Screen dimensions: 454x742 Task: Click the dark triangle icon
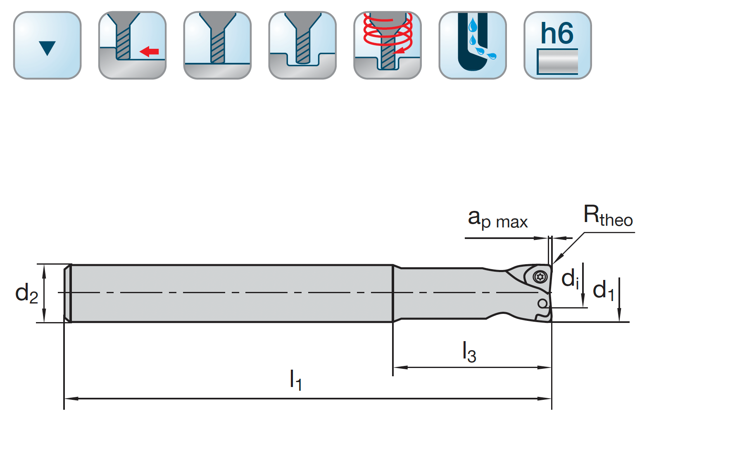tap(47, 48)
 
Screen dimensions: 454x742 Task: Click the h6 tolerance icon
tap(557, 45)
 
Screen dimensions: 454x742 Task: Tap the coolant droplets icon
tap(473, 45)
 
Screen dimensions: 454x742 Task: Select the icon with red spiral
tap(388, 45)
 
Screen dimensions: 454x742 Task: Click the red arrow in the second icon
tap(149, 52)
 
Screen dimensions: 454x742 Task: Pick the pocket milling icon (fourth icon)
tap(302, 45)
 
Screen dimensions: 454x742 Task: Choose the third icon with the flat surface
tap(217, 45)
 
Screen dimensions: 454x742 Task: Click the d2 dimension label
tap(26, 293)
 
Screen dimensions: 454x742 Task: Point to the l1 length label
tap(295, 380)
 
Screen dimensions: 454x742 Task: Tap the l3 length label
tap(469, 351)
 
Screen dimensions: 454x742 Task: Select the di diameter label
tap(570, 278)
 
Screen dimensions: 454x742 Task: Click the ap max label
tap(497, 219)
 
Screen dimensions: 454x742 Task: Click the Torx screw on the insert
tap(540, 277)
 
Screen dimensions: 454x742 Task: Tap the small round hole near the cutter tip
tap(542, 304)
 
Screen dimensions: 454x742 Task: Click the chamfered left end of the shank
tap(67, 293)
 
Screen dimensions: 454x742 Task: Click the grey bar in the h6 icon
tap(557, 62)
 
